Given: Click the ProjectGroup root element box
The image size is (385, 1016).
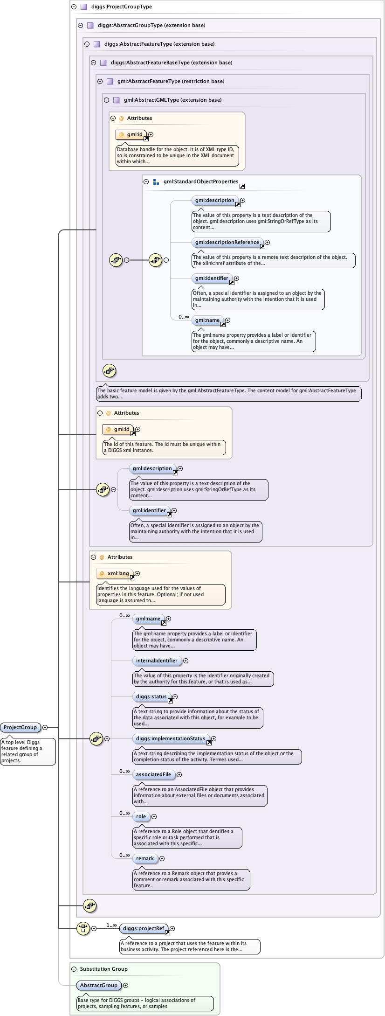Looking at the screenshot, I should pos(20,727).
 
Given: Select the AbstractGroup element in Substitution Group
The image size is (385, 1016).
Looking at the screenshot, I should pos(99,985).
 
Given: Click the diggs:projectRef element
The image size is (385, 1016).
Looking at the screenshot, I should pos(143,928).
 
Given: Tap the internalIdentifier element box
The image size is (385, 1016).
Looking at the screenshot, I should pos(157,661).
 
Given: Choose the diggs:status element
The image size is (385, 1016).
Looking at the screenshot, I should pos(151,696).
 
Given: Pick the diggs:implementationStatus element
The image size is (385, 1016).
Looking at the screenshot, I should pos(170,738).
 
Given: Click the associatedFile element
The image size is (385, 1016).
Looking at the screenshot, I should pos(153,774).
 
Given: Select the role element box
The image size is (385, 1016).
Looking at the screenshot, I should pos(141,816).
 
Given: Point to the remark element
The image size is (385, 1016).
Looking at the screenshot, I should pos(145,858).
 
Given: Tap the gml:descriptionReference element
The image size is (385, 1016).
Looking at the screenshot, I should pos(227,242).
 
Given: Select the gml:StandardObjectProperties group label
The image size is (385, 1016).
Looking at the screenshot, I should pos(200,181).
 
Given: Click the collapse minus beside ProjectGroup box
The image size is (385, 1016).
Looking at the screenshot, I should pos(45,727).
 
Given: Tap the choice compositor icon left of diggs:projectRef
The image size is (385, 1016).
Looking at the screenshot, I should pos(83,928).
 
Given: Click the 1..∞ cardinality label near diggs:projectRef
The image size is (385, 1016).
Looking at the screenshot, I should pos(112,925).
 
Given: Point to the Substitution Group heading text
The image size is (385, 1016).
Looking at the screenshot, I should pos(103,969).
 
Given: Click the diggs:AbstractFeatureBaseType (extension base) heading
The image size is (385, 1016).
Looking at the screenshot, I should pos(171,63).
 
